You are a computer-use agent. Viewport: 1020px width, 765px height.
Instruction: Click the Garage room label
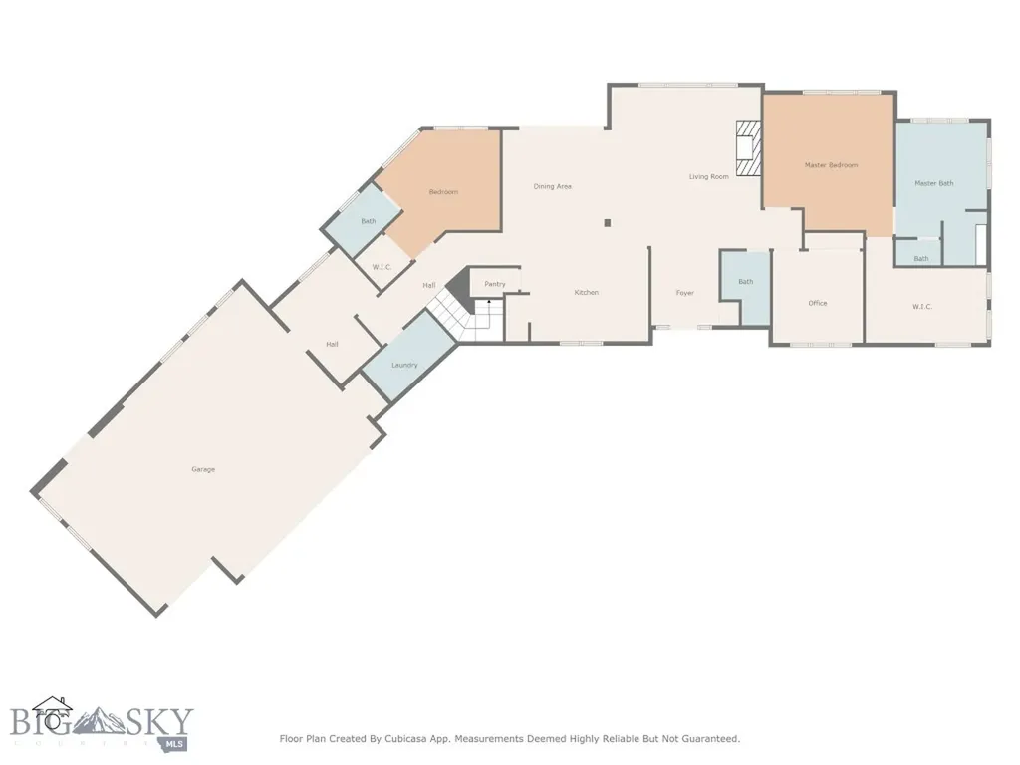203,469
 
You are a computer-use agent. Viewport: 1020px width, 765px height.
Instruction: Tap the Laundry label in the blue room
404,365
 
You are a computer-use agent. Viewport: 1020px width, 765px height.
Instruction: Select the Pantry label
495,284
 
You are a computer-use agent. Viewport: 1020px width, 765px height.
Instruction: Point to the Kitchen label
586,292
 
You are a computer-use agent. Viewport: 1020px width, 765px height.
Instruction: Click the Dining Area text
552,186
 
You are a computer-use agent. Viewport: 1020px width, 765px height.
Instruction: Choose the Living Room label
709,177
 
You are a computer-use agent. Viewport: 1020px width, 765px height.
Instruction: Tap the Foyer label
685,293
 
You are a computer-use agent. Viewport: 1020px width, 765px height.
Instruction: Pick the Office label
818,303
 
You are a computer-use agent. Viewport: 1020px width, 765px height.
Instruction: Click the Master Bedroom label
832,165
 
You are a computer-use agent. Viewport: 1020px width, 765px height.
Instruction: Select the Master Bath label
934,183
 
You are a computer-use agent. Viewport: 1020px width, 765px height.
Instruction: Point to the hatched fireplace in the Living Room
748,148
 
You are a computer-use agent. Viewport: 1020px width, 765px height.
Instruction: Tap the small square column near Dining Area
608,223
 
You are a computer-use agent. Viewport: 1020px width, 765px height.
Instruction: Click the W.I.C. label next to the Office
922,307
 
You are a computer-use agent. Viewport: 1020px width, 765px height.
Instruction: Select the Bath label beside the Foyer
745,282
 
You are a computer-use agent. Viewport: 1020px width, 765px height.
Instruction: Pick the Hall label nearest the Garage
332,344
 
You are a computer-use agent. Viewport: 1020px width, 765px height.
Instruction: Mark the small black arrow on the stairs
489,303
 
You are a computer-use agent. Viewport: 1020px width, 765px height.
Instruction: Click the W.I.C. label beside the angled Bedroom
382,267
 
